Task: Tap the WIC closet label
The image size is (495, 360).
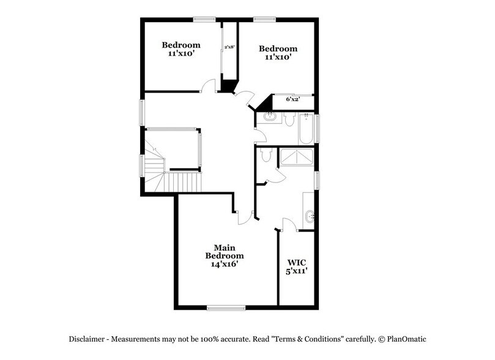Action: pyautogui.click(x=296, y=261)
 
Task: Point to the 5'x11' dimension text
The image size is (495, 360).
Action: pyautogui.click(x=296, y=270)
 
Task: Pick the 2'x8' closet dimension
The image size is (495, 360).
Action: pyautogui.click(x=230, y=47)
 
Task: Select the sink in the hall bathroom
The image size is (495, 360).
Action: pyautogui.click(x=267, y=117)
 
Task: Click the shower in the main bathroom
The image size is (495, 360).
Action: pyautogui.click(x=296, y=158)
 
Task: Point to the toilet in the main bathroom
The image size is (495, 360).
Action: pyautogui.click(x=266, y=156)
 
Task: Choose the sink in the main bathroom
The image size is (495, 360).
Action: pyautogui.click(x=310, y=215)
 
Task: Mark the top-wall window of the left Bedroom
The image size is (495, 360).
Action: pyautogui.click(x=203, y=20)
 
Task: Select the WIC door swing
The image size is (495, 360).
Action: pyautogui.click(x=289, y=224)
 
